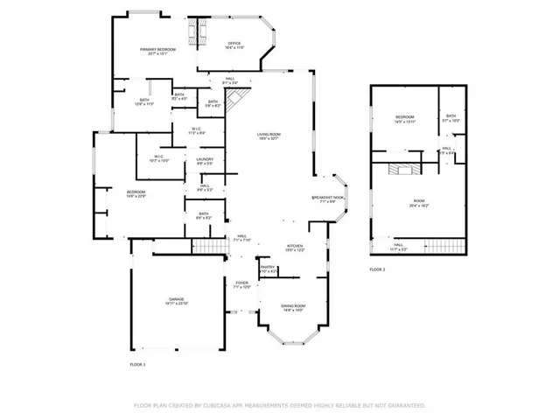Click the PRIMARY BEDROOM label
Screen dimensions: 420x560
point(157,51)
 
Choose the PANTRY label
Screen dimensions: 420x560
point(268,269)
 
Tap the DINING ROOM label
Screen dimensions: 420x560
point(292,307)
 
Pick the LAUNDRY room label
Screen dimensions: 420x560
point(205,161)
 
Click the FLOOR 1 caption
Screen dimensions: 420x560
point(137,363)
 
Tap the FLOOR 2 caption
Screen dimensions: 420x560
point(377,269)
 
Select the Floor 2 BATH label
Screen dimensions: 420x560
point(451,118)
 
